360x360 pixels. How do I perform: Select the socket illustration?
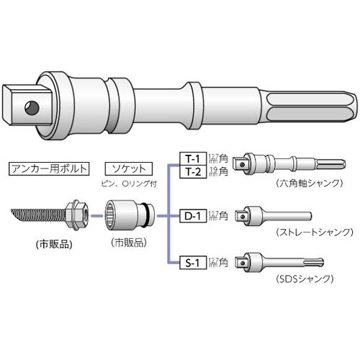[124, 214]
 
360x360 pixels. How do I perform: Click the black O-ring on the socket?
[148, 214]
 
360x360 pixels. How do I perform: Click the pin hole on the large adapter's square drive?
[32, 107]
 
